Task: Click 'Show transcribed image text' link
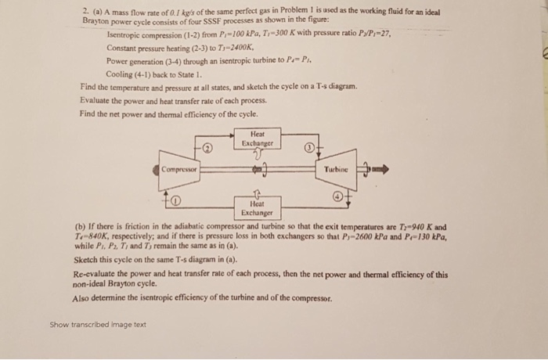(98, 324)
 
